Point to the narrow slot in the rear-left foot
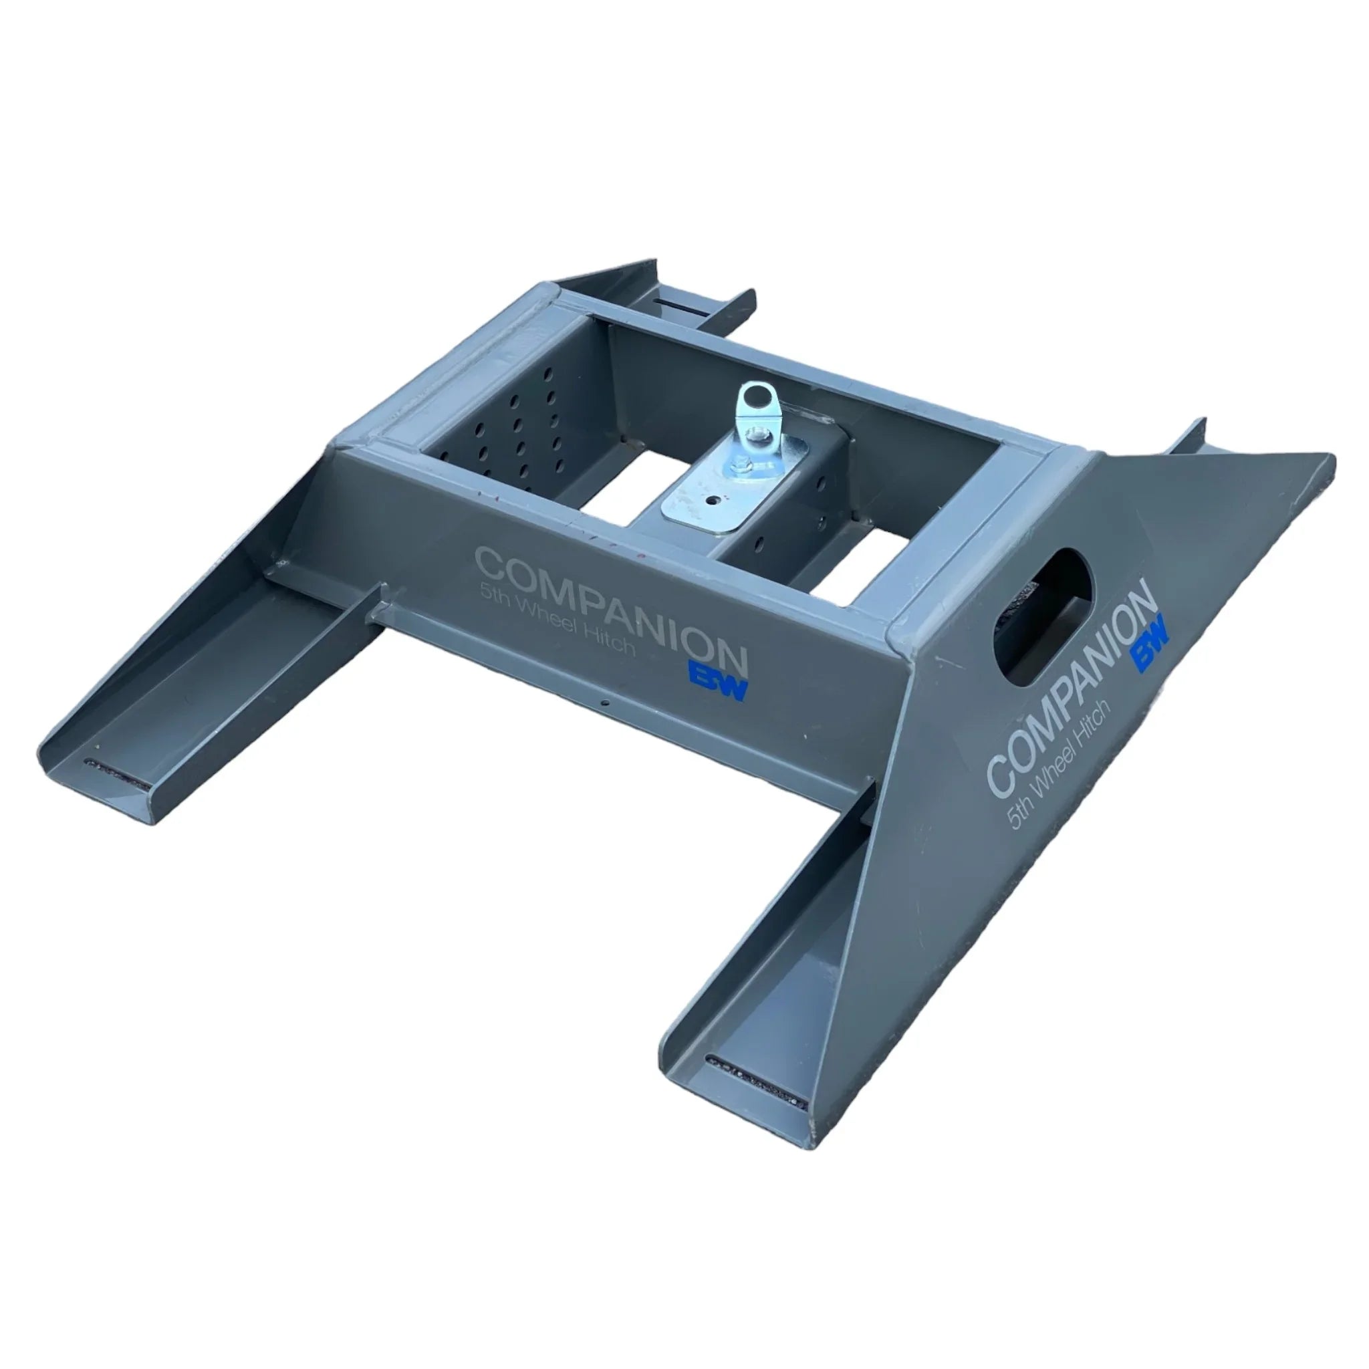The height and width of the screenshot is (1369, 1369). point(683,302)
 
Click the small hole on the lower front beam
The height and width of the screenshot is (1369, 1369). point(604,704)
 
